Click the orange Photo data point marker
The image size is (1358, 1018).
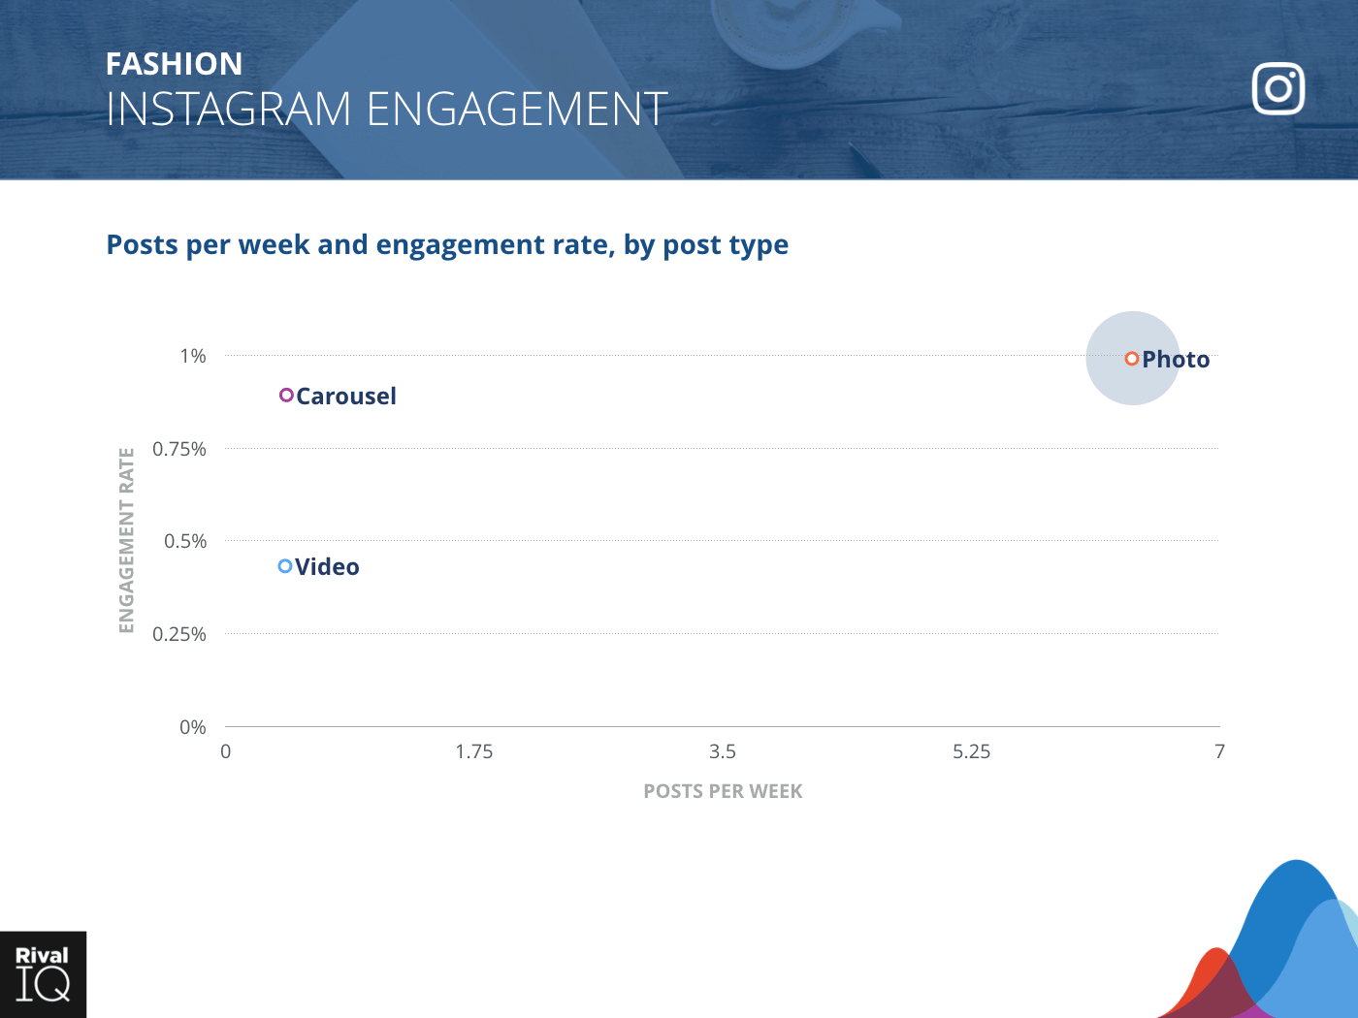point(1131,359)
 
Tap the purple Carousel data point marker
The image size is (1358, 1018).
point(286,396)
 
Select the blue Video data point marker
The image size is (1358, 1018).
point(285,566)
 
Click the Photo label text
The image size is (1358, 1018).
point(1176,360)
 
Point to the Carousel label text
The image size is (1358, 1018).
point(346,397)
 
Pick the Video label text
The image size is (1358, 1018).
point(327,567)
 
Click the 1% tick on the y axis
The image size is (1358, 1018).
point(193,356)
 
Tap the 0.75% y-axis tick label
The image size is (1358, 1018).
point(179,449)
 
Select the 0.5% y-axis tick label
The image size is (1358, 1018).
point(185,541)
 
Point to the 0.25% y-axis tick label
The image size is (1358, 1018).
point(179,634)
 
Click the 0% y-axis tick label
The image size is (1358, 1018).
point(193,727)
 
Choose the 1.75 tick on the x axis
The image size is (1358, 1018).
point(474,751)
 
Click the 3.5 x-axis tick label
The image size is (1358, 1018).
point(723,751)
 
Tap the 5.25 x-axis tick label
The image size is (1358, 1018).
point(971,751)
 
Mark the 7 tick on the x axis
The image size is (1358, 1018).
point(1219,751)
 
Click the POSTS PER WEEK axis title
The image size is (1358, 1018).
point(723,791)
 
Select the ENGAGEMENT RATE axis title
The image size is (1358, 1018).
point(126,540)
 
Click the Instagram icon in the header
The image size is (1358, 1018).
point(1278,89)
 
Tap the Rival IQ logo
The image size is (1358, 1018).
point(43,974)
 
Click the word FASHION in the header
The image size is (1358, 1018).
point(175,64)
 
